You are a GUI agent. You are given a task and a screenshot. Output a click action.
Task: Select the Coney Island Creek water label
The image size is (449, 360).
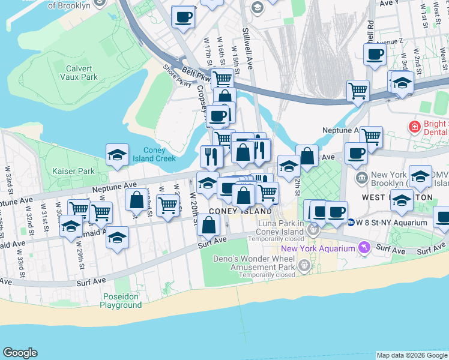[159, 155]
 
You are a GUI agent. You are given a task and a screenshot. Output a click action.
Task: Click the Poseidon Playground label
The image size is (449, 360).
[121, 301]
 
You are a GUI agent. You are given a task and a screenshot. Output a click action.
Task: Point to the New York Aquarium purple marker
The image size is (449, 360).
[364, 248]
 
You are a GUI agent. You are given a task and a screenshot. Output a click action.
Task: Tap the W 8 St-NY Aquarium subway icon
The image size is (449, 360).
[351, 222]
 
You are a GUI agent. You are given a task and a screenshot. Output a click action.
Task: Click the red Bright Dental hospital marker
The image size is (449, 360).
[414, 127]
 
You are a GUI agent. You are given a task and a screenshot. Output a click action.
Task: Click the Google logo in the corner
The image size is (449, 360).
[20, 353]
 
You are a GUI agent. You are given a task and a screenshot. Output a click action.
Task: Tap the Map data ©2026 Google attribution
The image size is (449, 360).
[412, 355]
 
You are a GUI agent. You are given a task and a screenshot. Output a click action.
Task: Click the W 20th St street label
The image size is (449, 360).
[194, 204]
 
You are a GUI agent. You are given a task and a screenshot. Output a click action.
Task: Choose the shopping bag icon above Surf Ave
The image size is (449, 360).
[208, 226]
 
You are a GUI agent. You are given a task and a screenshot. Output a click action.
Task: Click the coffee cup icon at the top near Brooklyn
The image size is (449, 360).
[182, 17]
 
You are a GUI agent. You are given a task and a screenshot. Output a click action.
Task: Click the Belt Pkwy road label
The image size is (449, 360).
[196, 74]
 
